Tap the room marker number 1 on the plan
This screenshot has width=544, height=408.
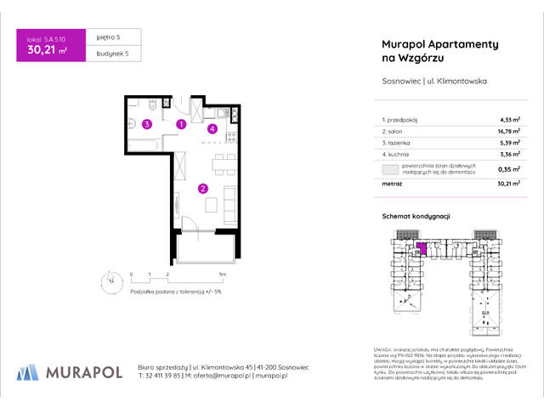(x=181, y=124)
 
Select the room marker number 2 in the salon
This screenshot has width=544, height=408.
(x=202, y=189)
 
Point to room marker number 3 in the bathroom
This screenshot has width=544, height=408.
(x=147, y=124)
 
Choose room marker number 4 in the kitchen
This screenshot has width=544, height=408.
(x=212, y=129)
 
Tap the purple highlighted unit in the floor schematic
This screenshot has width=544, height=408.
(x=420, y=248)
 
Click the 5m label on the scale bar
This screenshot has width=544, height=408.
(x=222, y=275)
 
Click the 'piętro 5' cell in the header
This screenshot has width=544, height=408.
(x=106, y=37)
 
